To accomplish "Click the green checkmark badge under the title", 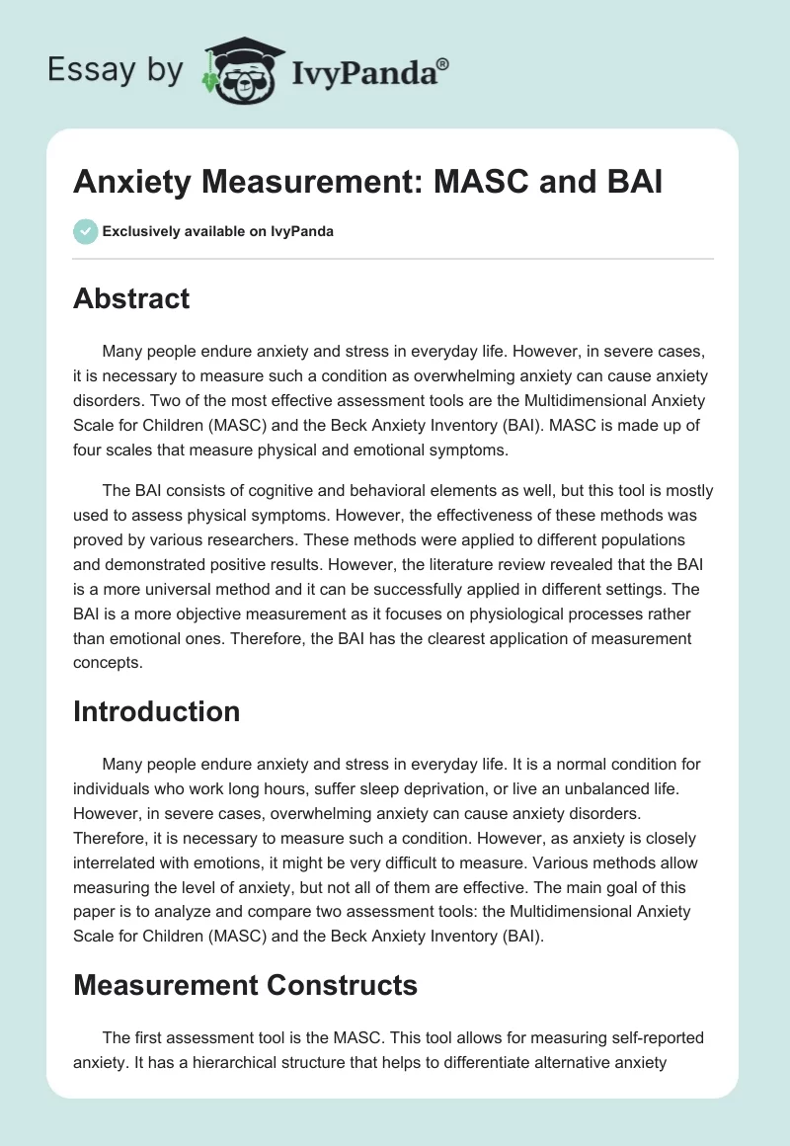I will point(85,231).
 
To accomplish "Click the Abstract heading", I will point(131,298).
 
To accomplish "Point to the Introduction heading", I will point(156,711).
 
